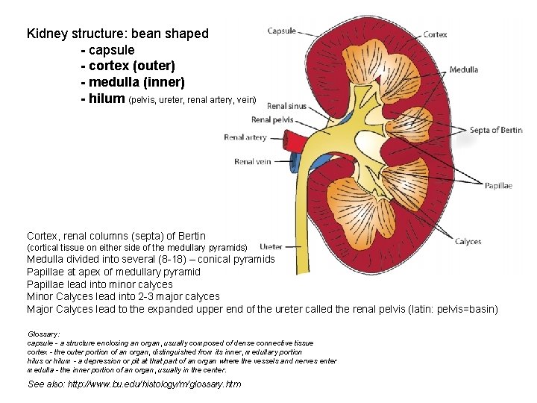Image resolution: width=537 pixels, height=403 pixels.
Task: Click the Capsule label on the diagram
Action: pos(281,31)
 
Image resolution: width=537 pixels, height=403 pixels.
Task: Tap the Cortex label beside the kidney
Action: pos(435,34)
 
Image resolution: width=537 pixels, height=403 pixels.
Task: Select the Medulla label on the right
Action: pos(463,70)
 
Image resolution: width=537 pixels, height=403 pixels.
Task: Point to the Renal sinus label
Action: pos(286,106)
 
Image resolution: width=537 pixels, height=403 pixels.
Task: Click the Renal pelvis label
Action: pos(271,119)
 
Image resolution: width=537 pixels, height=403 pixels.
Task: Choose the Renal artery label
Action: pos(245,137)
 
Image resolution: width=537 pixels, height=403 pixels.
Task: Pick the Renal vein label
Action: pos(252,161)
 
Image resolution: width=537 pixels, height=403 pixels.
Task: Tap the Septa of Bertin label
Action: pos(496,130)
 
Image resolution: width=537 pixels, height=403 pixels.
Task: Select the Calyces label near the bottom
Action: pos(468,241)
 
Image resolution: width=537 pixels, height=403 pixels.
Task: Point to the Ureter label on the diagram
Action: pos(271,246)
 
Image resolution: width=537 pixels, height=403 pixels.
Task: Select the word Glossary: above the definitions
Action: pos(43,334)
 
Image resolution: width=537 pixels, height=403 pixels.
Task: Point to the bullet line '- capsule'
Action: pos(107,50)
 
